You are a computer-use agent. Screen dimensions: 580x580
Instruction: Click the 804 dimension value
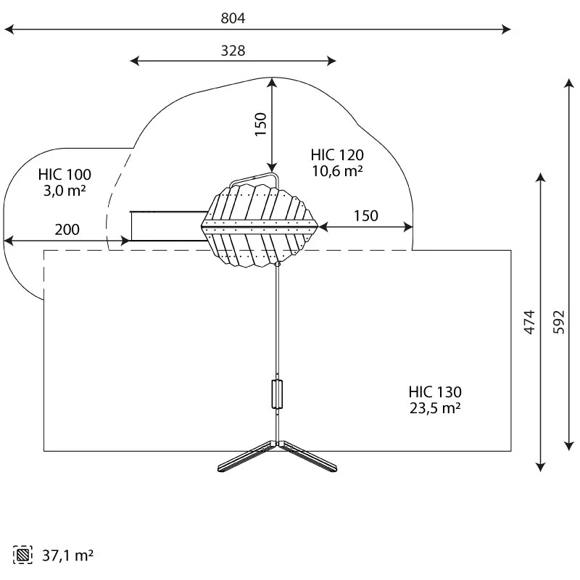[233, 18]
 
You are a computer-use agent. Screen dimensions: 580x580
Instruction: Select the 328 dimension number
[233, 51]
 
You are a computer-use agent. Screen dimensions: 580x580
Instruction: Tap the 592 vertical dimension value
[559, 322]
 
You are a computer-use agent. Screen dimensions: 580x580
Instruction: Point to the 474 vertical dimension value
[530, 322]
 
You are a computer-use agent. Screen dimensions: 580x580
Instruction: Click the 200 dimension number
[67, 230]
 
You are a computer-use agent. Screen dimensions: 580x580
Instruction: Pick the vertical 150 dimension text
[261, 124]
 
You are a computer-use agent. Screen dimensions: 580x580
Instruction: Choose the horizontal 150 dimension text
[366, 216]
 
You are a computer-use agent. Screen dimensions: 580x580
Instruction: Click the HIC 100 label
[65, 175]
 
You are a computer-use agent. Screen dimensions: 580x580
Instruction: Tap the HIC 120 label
[337, 155]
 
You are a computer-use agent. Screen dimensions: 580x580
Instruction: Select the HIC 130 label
[435, 391]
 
